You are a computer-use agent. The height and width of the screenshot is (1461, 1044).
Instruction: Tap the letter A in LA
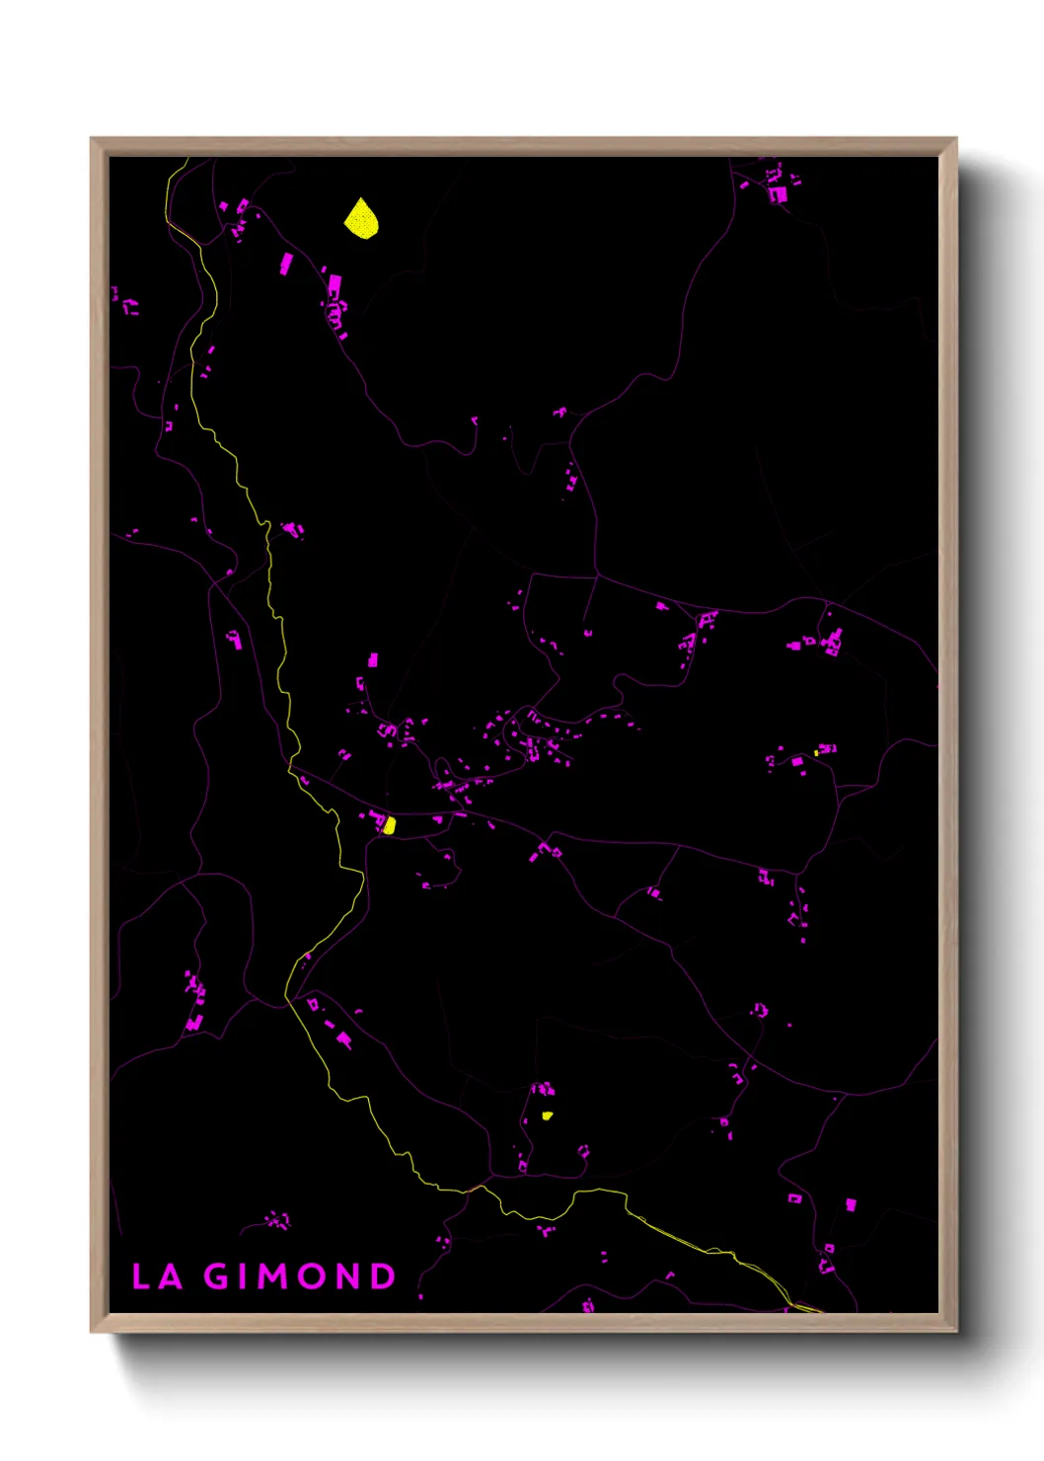tap(171, 1276)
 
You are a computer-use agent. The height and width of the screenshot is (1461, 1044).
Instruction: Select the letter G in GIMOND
tap(217, 1276)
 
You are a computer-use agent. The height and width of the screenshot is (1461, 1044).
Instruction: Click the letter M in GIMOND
tap(273, 1276)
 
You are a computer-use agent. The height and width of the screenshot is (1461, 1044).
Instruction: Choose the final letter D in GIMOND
tap(383, 1276)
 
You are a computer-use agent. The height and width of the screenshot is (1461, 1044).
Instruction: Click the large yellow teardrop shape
tap(361, 218)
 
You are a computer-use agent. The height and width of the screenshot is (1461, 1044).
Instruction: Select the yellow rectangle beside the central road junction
tap(390, 825)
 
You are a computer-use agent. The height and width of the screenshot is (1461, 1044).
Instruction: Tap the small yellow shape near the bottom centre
tap(547, 1115)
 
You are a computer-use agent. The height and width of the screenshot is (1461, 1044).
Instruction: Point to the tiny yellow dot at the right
tap(816, 753)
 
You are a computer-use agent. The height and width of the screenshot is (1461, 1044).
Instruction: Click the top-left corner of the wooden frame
tap(92, 139)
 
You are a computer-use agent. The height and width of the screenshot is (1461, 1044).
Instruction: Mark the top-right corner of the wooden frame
tap(955, 139)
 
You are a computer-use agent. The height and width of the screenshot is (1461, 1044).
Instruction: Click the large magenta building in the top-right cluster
tap(778, 194)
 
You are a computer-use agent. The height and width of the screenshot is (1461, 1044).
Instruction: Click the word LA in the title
tap(156, 1276)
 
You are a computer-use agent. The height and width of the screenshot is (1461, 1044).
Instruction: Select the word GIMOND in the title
tap(300, 1276)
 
